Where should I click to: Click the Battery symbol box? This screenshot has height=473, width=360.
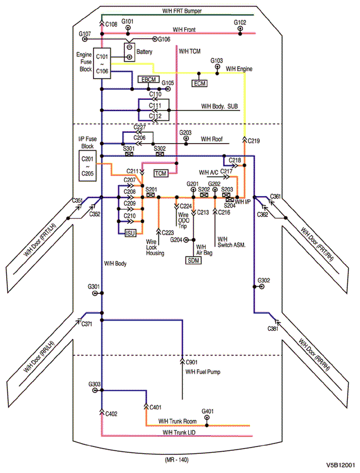point(129,52)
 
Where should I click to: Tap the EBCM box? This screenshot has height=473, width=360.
point(149,80)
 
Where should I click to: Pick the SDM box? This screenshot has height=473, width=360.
point(193,260)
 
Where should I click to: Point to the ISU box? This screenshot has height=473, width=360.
point(131,234)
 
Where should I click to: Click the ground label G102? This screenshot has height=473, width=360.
point(240,23)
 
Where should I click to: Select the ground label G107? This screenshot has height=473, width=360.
point(85,33)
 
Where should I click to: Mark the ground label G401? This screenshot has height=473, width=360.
point(208,411)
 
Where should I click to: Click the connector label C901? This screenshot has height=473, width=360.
point(191,362)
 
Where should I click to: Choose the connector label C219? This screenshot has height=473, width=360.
point(254,141)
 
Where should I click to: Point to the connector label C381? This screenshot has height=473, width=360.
point(274,328)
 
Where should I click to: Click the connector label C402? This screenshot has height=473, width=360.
point(112,413)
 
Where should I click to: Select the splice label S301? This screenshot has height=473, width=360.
point(129,148)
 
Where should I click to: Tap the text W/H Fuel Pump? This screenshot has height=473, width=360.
point(203,371)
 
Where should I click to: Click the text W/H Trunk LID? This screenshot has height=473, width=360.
point(179,432)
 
